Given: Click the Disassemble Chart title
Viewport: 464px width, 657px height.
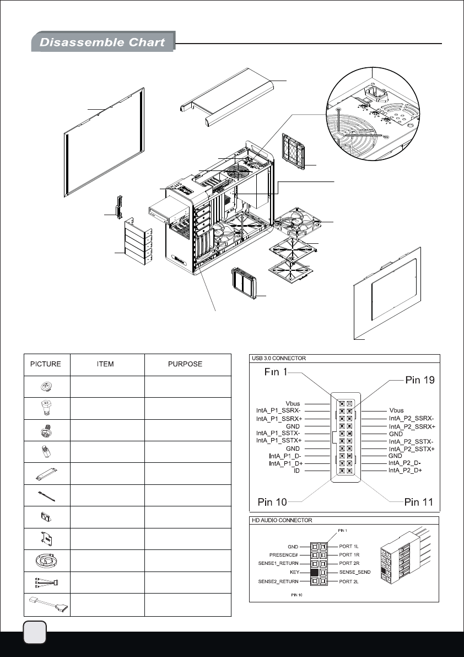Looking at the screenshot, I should [x=102, y=42].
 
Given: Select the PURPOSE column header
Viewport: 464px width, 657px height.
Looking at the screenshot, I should [x=186, y=364].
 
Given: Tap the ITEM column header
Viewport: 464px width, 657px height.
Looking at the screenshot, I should [x=107, y=364].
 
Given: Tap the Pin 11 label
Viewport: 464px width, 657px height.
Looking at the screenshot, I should [x=419, y=501].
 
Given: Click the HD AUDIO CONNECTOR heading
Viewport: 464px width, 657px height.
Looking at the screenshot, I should [x=282, y=520].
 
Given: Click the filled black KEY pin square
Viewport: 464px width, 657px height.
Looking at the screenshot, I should [x=315, y=573].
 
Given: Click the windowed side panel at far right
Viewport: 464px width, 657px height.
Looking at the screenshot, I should [x=389, y=292].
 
